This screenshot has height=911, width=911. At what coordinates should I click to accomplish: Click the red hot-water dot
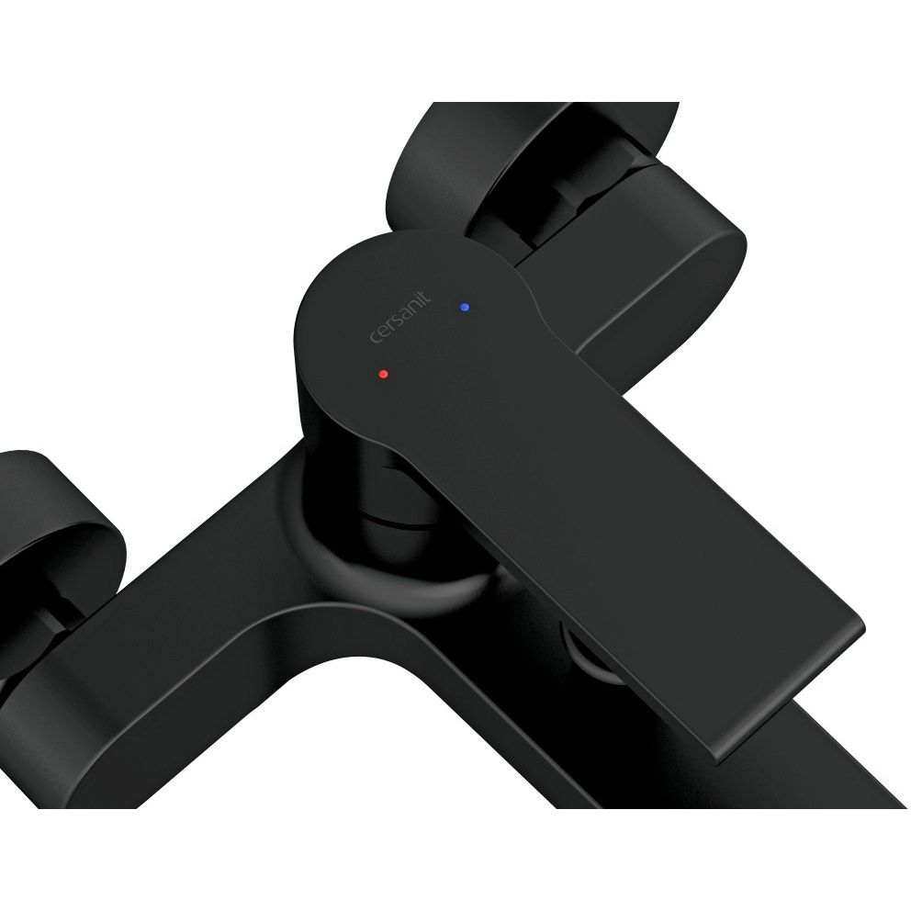pyautogui.click(x=382, y=374)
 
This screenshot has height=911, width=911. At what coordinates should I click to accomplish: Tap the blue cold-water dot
pyautogui.click(x=464, y=307)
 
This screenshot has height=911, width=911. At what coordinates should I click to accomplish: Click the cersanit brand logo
pyautogui.click(x=401, y=317)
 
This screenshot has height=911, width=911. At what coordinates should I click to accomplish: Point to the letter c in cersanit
pyautogui.click(x=376, y=338)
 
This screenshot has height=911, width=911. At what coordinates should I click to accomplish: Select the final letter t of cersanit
pyautogui.click(x=426, y=296)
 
